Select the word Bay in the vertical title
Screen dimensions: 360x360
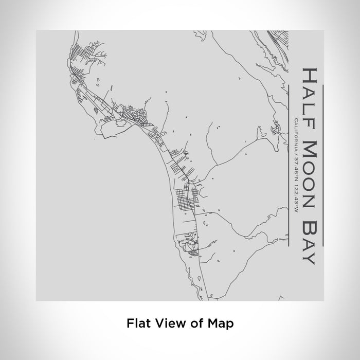[309, 238]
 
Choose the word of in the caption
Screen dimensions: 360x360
[195, 323]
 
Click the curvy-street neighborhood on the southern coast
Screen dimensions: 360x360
[188, 244]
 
